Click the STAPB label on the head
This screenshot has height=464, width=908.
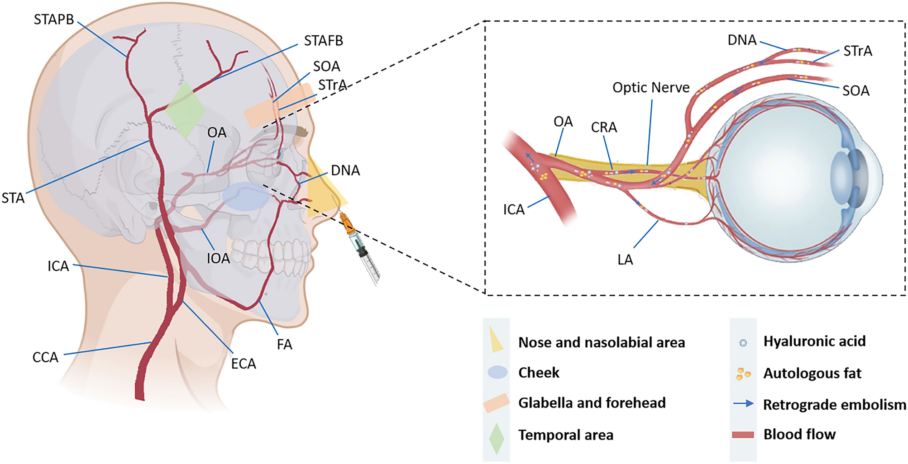click(54, 20)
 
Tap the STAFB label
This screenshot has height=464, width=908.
click(323, 41)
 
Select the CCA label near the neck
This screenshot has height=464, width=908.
click(45, 357)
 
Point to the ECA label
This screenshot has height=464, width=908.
click(244, 364)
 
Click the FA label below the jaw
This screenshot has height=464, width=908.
click(284, 345)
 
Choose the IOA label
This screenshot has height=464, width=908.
click(218, 259)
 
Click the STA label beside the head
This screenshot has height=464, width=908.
click(13, 198)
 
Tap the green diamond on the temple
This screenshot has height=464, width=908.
click(185, 110)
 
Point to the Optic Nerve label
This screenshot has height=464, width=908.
click(651, 88)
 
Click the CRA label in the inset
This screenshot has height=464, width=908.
click(604, 128)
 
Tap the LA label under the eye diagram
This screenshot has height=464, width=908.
click(625, 260)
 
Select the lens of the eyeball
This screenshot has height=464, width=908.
click(840, 180)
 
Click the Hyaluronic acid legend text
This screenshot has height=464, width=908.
click(814, 341)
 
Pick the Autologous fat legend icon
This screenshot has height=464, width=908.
click(743, 374)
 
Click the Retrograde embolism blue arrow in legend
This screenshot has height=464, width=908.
click(743, 403)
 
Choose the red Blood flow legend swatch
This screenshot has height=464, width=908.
click(743, 435)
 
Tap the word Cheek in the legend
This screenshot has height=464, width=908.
click(539, 373)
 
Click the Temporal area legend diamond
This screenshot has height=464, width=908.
click(497, 438)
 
